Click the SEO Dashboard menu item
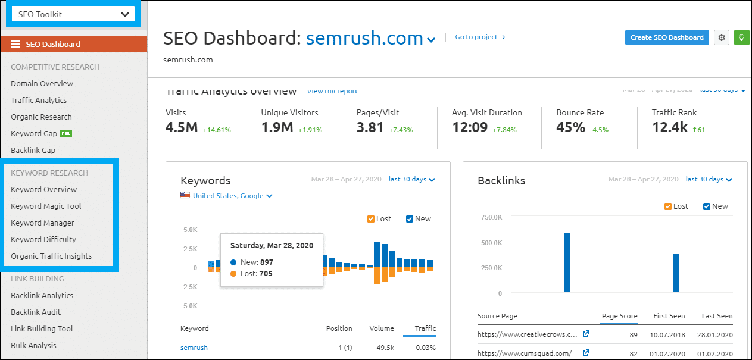(53, 44)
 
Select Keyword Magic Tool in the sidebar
(46, 206)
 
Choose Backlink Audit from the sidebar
(36, 312)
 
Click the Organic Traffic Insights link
(51, 256)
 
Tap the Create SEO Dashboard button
(667, 37)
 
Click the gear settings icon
(722, 37)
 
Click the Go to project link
(480, 37)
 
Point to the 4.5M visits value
(182, 127)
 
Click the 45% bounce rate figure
(571, 127)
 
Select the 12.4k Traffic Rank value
(670, 127)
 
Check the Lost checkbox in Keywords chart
(372, 219)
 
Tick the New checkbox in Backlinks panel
(707, 206)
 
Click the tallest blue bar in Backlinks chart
(567, 262)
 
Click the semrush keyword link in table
(194, 348)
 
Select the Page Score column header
(619, 316)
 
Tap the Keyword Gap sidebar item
(34, 133)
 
